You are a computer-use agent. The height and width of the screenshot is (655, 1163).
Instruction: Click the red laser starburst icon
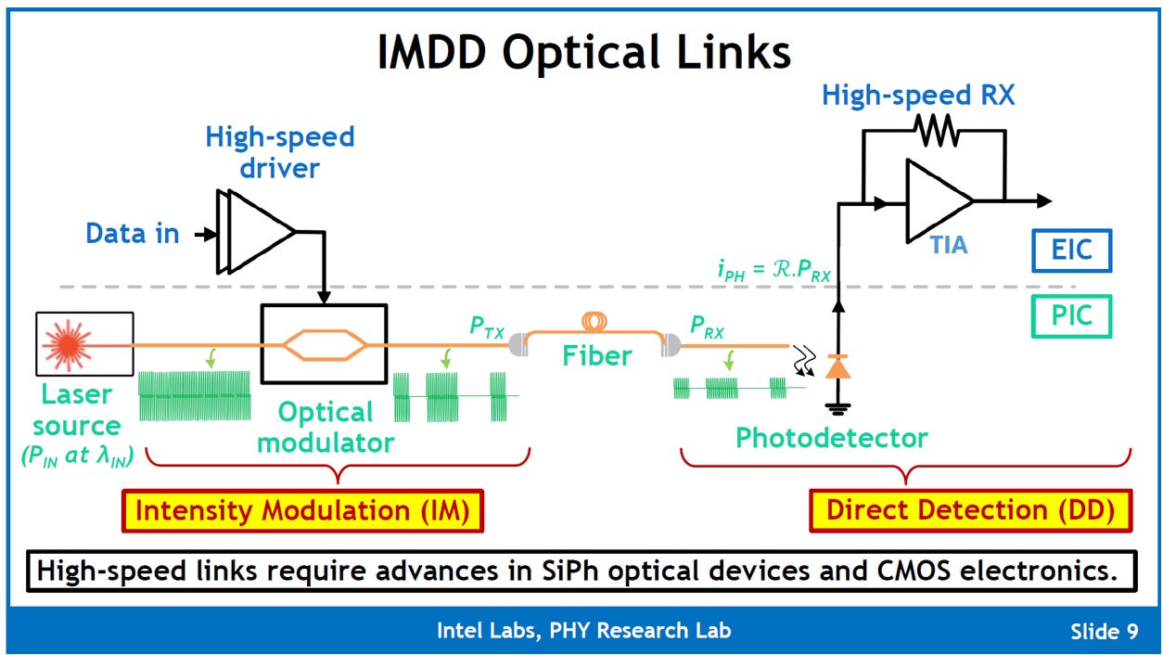coord(68,345)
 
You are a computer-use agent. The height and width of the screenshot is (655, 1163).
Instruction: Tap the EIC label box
coord(1071,250)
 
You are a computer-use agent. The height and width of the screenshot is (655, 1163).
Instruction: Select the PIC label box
coord(1071,315)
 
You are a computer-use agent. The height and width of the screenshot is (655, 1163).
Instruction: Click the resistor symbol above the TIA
coord(937,131)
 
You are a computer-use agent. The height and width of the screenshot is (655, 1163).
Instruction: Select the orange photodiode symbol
coord(837,366)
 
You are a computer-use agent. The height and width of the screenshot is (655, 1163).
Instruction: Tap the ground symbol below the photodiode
coord(838,409)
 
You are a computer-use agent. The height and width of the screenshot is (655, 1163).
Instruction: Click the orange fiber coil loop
coord(594,321)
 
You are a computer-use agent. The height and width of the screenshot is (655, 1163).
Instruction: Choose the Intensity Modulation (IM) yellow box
coord(302,510)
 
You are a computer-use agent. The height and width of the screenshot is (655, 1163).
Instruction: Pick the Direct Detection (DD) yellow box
coord(970,510)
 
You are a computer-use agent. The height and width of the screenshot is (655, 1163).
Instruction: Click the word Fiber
coord(597,356)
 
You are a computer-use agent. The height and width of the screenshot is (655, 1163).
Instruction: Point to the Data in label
coord(133,233)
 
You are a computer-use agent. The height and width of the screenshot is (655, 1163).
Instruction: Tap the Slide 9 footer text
coord(1104,632)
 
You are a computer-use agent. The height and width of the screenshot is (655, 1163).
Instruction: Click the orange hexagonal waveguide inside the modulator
coord(325,345)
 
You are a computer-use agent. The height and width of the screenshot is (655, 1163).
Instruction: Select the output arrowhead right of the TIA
coord(1044,200)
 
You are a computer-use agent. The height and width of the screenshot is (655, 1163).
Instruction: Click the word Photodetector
coord(831,438)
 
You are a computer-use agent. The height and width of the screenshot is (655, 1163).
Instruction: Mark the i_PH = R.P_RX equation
coord(774,270)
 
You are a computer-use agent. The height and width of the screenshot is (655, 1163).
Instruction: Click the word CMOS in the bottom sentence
coord(914,571)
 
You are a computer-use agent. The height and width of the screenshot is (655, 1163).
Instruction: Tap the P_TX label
coord(487,327)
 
